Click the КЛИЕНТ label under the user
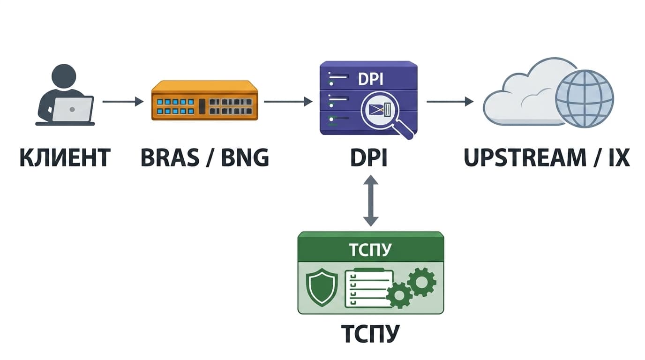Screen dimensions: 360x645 point(65,157)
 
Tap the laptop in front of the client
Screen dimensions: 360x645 point(72,109)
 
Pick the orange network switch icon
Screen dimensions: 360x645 point(205,100)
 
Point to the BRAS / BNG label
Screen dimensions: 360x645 point(205,157)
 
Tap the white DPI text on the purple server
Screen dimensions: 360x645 point(370,79)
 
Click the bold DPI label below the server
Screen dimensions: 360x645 point(369,157)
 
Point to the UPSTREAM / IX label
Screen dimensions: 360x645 point(547,157)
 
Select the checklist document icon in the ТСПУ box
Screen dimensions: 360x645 point(368,288)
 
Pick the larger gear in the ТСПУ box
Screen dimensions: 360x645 point(421,282)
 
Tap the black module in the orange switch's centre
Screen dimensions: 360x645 point(202,106)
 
